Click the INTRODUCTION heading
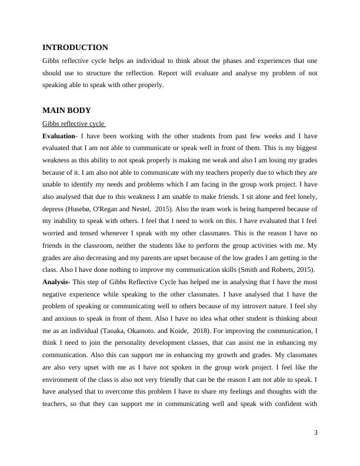click(75, 48)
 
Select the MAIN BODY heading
click(66, 110)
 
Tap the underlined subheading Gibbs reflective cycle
click(73, 124)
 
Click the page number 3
click(316, 433)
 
